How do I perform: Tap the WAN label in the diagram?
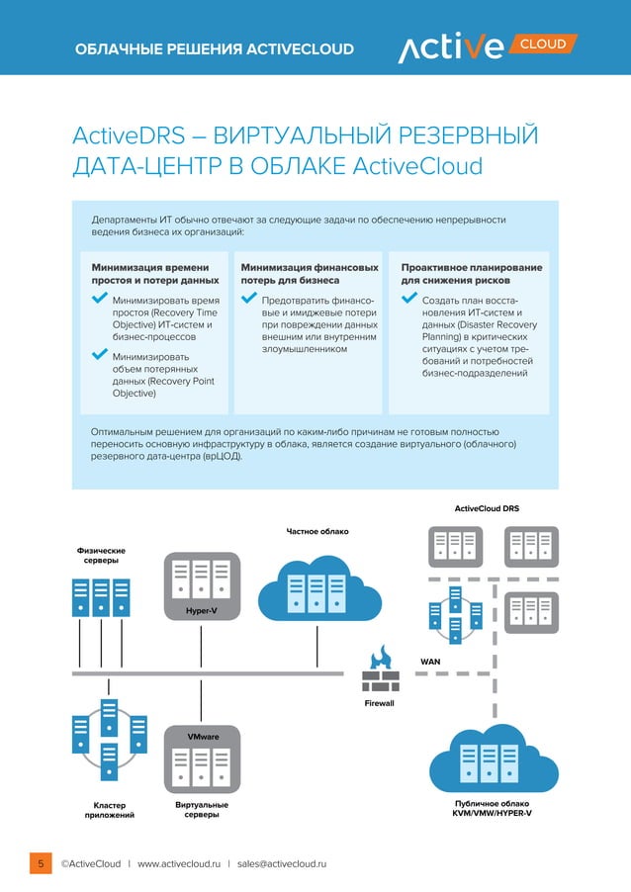pos(431,660)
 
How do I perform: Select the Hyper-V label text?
pos(201,611)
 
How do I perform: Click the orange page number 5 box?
pos(41,863)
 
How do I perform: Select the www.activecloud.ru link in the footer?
pos(178,864)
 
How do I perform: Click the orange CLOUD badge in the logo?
pos(544,45)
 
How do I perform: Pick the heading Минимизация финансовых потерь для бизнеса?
pos(309,274)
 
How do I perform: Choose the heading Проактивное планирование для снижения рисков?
pos(470,274)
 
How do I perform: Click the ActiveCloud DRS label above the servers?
pos(487,508)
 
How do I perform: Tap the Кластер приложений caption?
pos(109,810)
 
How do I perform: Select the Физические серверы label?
pos(101,555)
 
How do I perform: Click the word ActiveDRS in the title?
pos(129,135)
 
